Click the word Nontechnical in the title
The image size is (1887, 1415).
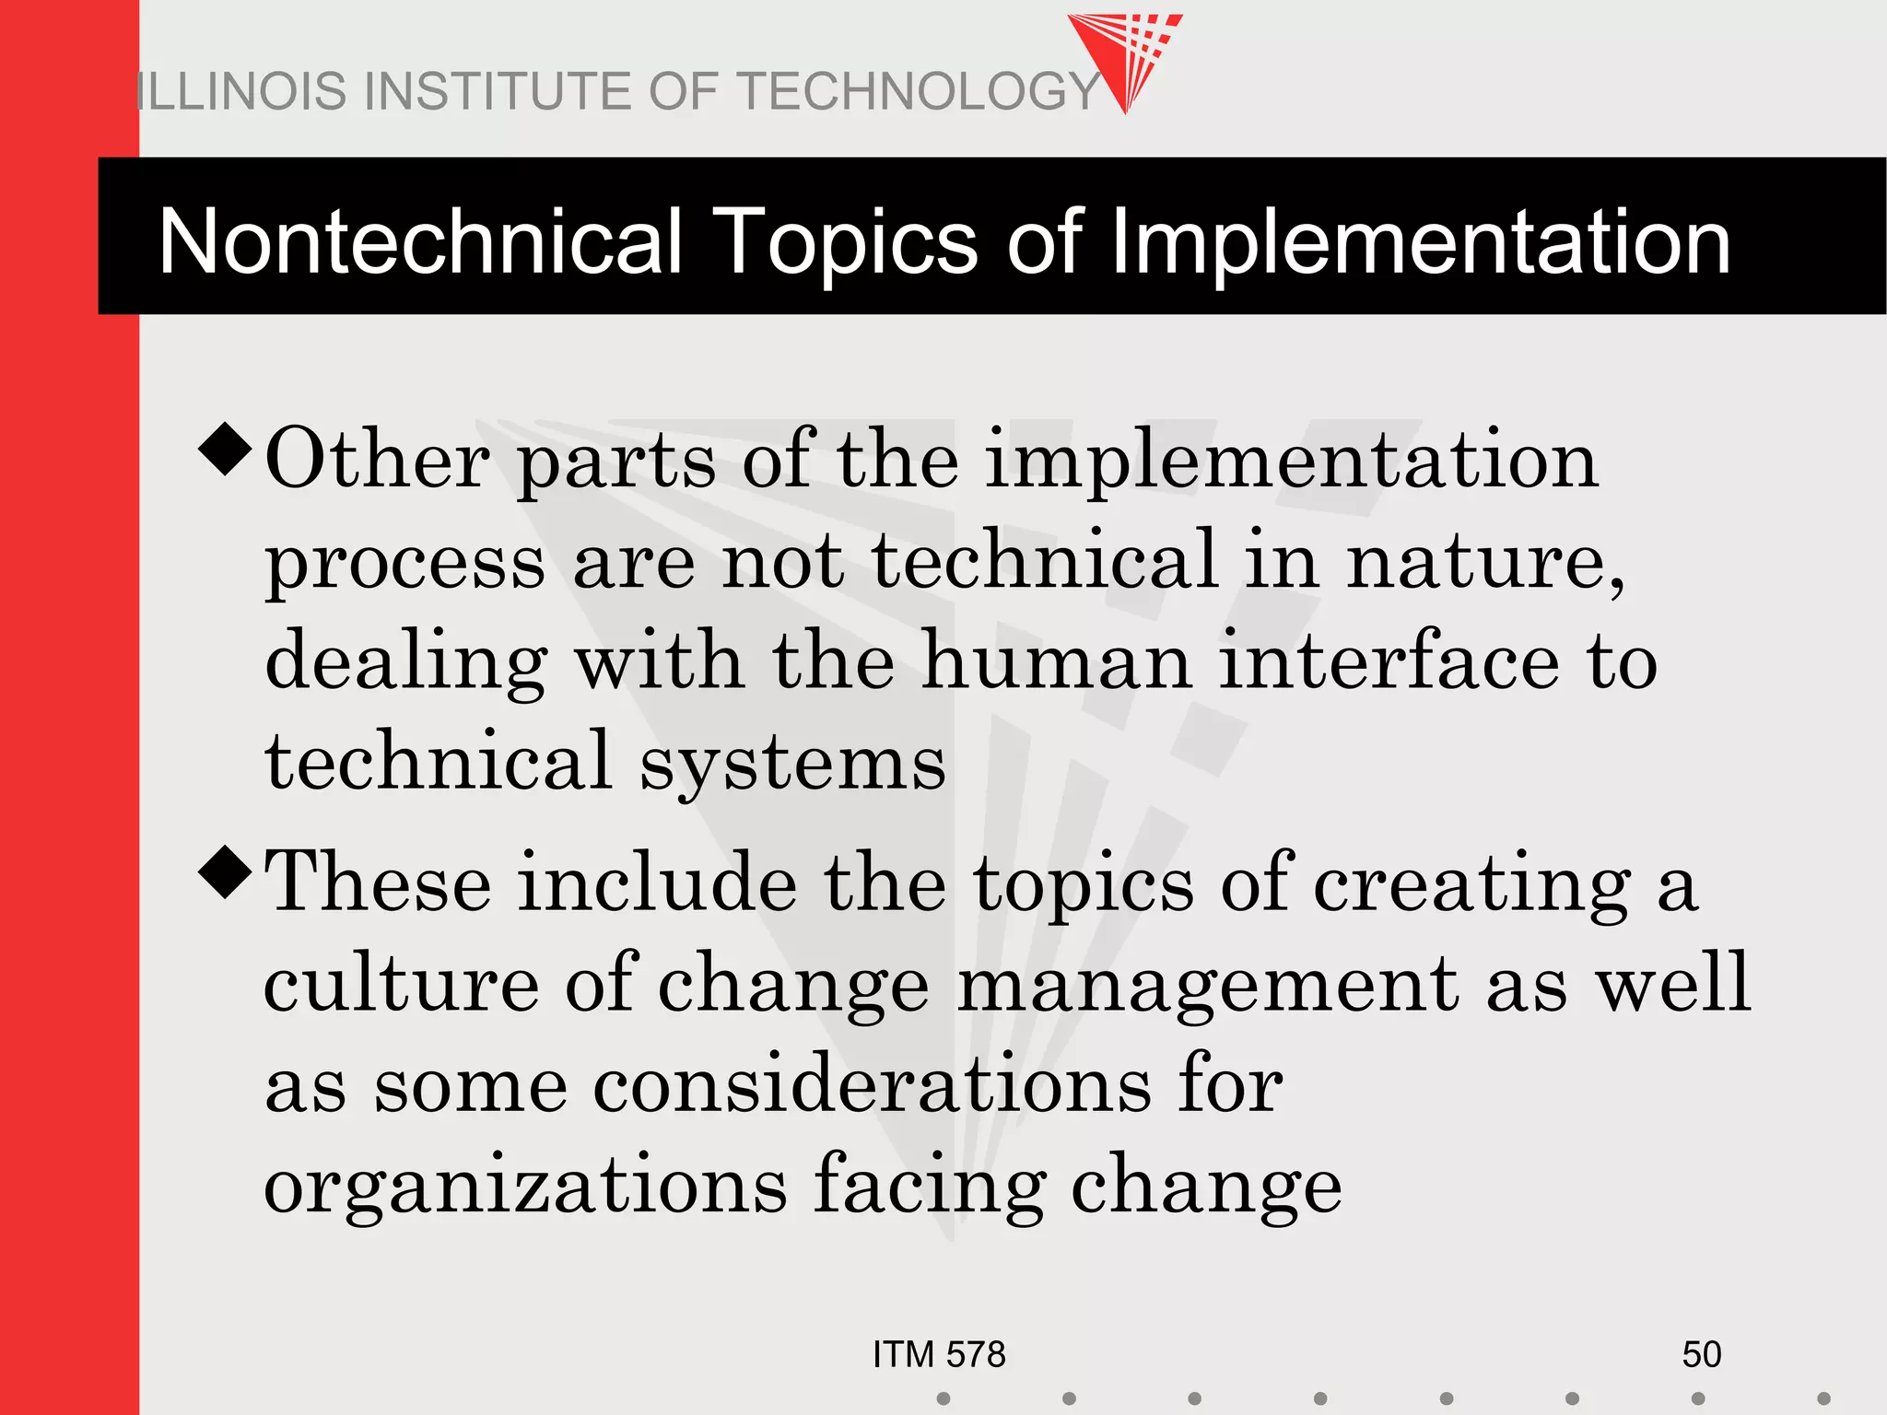pyautogui.click(x=420, y=241)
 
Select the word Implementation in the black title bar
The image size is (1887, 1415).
pyautogui.click(x=1420, y=241)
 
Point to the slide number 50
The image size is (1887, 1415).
pyautogui.click(x=1701, y=1355)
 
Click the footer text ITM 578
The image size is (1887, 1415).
pyautogui.click(x=939, y=1355)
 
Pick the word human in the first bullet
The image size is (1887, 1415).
pyautogui.click(x=1057, y=661)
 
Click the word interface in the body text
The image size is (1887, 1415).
pyautogui.click(x=1389, y=661)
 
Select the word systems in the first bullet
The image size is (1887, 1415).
pyautogui.click(x=792, y=763)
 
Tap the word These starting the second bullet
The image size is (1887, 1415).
pyautogui.click(x=378, y=883)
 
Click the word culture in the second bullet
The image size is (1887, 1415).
pyautogui.click(x=402, y=984)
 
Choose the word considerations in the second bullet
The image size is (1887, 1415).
pyautogui.click(x=872, y=1085)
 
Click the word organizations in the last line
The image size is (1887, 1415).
pyautogui.click(x=525, y=1187)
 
